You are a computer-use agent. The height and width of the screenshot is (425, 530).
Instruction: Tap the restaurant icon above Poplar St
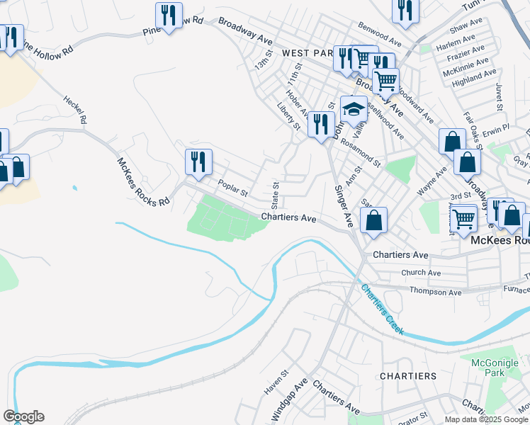(x=198, y=161)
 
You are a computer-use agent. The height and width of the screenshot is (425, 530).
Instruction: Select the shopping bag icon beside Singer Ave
(x=374, y=219)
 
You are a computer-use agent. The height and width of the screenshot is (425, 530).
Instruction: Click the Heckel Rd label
(x=74, y=110)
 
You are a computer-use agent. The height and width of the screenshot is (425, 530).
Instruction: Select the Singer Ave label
(x=343, y=206)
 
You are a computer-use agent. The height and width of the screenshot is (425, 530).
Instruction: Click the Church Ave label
(x=421, y=272)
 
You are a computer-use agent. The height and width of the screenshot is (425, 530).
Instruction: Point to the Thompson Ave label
(x=436, y=292)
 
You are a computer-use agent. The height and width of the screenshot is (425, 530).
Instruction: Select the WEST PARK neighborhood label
(x=307, y=53)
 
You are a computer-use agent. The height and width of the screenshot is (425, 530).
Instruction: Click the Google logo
(x=23, y=416)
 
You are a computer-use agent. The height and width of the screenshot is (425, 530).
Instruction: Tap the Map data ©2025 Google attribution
(x=487, y=419)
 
